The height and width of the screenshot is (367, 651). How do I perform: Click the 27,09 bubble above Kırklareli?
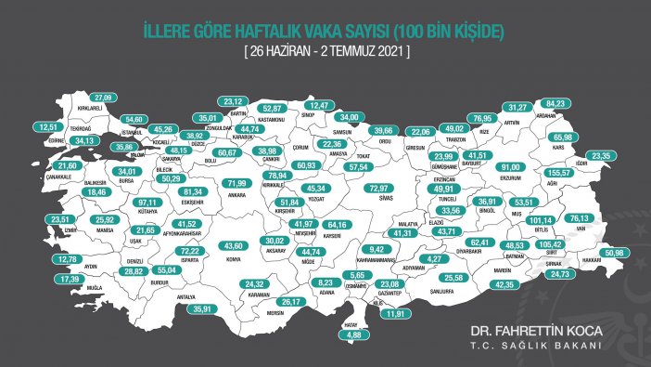click(x=103, y=97)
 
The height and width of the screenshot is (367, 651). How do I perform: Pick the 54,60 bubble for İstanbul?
click(x=135, y=119)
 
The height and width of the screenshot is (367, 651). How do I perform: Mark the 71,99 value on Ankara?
click(x=239, y=184)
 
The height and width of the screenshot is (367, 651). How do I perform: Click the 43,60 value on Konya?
click(x=236, y=245)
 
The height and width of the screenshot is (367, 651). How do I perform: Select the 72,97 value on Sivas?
click(x=378, y=188)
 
